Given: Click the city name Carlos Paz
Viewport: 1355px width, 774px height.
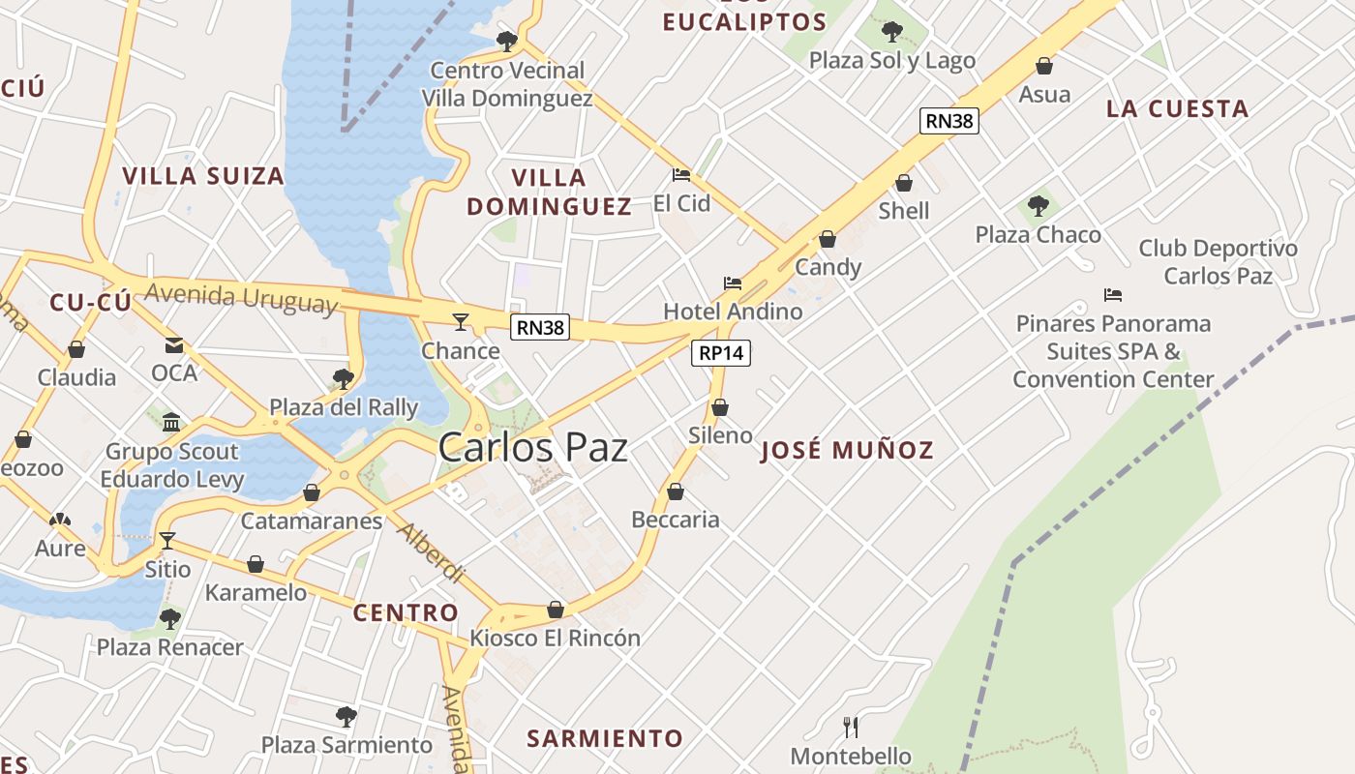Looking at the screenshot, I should click(x=532, y=447).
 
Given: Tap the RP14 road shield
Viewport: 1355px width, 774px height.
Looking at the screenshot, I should click(x=722, y=353).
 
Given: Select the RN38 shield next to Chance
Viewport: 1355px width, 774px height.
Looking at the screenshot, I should click(x=540, y=327).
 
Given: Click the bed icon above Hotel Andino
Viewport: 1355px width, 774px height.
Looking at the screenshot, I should click(x=733, y=283).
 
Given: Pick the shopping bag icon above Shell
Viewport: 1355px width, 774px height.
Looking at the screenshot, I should click(x=904, y=183).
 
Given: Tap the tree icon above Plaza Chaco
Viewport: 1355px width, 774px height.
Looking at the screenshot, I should click(x=1039, y=205).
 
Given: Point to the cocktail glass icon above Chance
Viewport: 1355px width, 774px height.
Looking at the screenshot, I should click(x=461, y=321).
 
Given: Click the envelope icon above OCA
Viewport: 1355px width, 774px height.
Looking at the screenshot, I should click(x=174, y=344).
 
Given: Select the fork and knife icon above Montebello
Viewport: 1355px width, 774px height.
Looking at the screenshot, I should click(x=851, y=727).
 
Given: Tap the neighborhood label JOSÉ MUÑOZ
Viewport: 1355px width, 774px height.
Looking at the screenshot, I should click(x=847, y=450).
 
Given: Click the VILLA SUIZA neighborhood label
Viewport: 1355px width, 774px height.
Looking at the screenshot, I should click(x=203, y=176).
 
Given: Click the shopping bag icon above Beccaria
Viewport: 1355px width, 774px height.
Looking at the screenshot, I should click(x=676, y=491).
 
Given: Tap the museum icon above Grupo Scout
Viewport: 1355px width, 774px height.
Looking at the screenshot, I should click(x=172, y=422).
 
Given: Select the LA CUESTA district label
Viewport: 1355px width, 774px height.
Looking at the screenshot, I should click(x=1177, y=109).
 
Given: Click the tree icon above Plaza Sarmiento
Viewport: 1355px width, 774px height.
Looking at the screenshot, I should click(x=346, y=717).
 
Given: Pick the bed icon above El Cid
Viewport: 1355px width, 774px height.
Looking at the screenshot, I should click(x=681, y=175).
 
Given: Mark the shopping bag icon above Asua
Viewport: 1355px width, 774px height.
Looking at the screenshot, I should click(x=1044, y=66).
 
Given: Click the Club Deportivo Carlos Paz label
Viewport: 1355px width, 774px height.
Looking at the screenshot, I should click(x=1218, y=261).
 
